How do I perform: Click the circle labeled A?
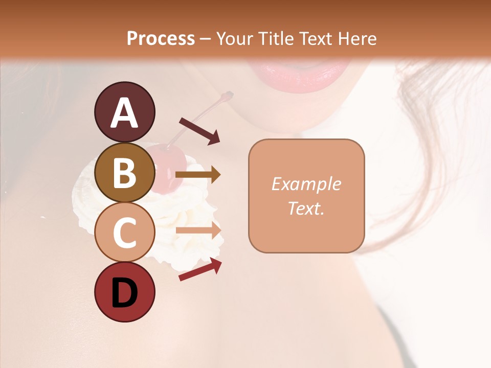[x=125, y=112]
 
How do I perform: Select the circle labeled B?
[x=125, y=172]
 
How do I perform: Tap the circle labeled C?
[x=125, y=232]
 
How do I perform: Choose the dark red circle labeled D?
[x=125, y=292]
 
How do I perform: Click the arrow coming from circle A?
[x=199, y=131]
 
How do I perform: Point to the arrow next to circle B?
[x=198, y=175]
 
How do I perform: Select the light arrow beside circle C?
[x=198, y=231]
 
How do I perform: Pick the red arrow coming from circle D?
[x=200, y=270]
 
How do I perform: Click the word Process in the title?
[x=161, y=39]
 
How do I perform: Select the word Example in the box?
[x=306, y=184]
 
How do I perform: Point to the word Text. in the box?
[x=306, y=208]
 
